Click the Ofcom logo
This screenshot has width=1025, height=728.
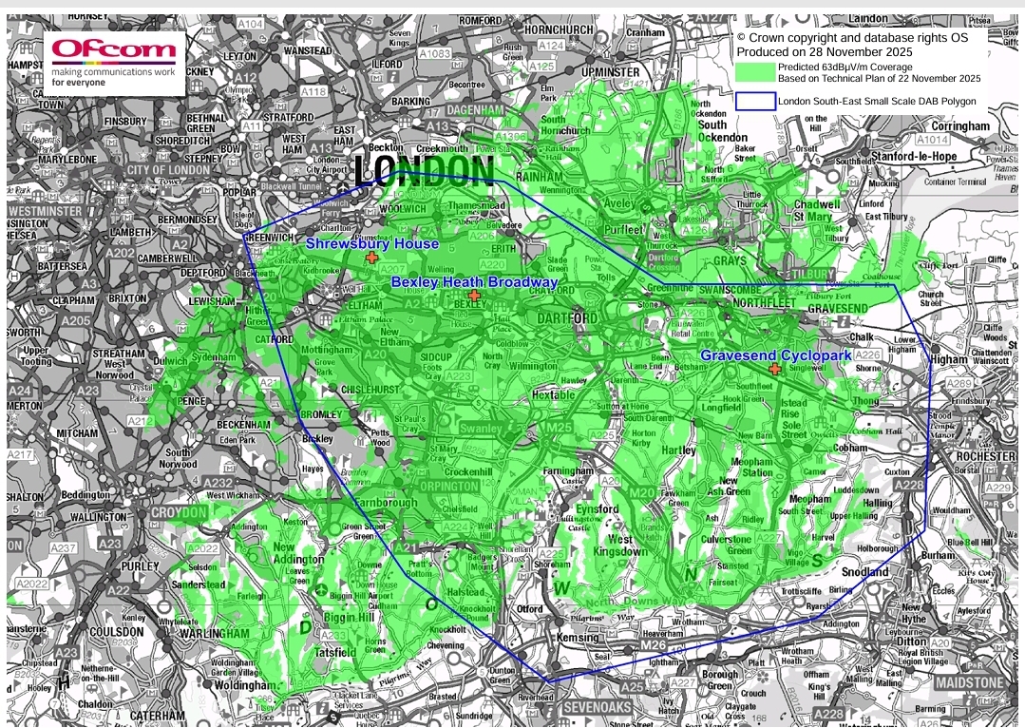point(114,61)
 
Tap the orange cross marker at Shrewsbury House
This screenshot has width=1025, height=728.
point(371,258)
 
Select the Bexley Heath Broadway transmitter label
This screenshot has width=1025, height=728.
point(474,282)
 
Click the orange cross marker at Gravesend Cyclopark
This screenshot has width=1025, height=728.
point(775,369)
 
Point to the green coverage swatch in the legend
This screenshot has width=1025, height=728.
point(755,72)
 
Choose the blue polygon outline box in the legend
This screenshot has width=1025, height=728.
point(755,100)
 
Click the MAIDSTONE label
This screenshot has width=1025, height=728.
point(968,682)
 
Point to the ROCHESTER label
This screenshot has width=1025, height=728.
point(985,457)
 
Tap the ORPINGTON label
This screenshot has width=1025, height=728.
point(447,486)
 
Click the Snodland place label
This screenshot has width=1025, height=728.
point(864,572)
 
